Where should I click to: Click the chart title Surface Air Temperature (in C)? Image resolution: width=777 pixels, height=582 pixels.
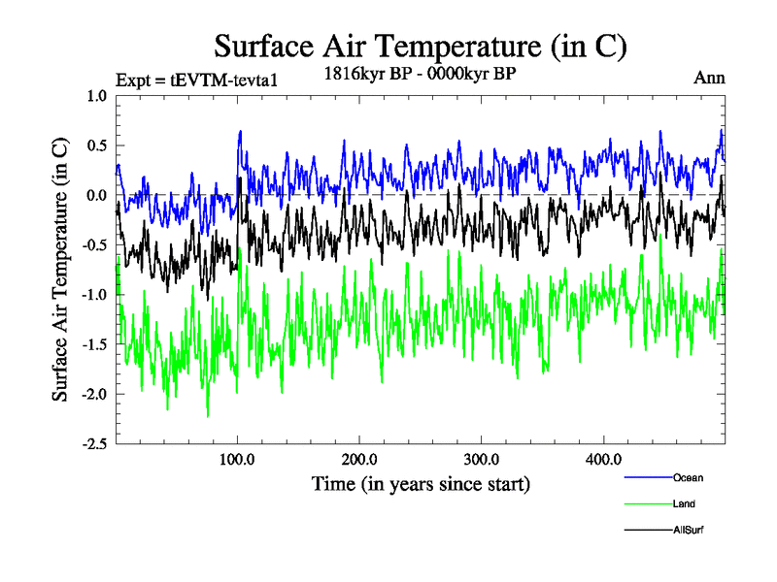pos(420,46)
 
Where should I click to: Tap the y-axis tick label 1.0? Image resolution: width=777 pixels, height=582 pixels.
pos(97,96)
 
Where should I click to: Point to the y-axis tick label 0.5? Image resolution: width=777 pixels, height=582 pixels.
pos(97,145)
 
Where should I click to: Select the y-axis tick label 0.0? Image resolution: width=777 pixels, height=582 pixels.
pos(97,195)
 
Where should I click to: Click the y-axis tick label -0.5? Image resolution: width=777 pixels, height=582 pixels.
pos(94,244)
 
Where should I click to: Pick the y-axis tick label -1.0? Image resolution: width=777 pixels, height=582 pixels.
pos(94,294)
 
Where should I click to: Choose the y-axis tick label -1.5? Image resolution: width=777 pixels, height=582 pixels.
pos(94,344)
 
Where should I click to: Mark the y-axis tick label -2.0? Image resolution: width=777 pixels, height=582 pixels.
pos(94,394)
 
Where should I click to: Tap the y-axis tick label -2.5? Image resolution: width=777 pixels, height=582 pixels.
pos(94,443)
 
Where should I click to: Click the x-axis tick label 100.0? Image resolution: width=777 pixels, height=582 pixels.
pos(238,459)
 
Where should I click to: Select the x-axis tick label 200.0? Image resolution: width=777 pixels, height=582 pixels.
pos(359,459)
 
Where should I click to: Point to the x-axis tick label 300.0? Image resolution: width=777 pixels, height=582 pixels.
pos(482,459)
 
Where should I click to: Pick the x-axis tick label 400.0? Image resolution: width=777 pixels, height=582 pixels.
pos(604,459)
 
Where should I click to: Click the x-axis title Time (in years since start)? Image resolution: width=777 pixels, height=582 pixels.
pos(421,483)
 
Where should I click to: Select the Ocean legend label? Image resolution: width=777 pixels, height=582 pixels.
pos(688,478)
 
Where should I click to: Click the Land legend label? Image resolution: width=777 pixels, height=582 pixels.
pos(684,504)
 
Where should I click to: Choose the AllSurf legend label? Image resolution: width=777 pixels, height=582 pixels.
pos(689,531)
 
